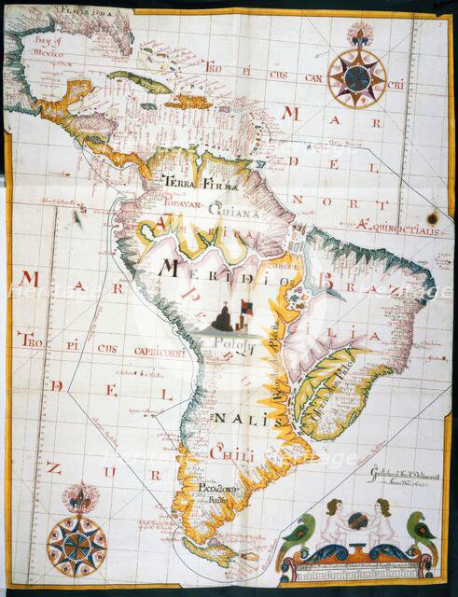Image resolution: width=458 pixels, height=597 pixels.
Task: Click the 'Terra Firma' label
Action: pos(193,184)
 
